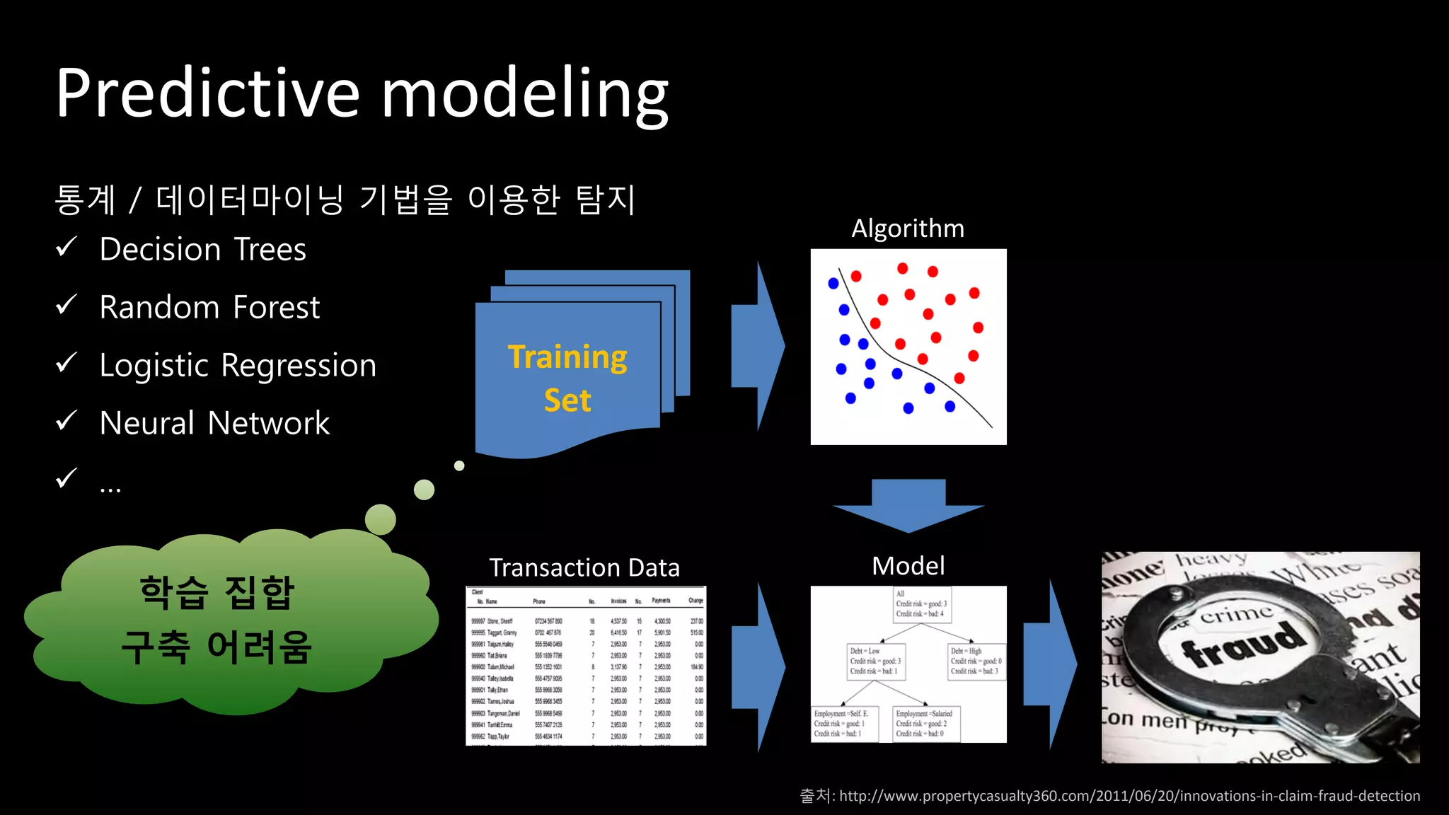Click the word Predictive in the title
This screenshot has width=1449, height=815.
209,94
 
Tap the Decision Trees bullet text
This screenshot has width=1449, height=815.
202,250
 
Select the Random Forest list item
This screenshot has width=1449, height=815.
209,308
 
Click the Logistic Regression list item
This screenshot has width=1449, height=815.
238,366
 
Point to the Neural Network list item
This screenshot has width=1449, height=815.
214,424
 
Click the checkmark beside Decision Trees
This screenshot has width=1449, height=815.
66,247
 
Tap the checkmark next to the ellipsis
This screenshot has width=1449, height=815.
66,478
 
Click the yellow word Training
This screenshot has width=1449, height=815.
567,357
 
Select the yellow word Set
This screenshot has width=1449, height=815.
567,400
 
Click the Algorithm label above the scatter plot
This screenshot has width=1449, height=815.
908,229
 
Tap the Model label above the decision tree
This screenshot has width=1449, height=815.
908,566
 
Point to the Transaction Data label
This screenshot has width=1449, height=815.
584,568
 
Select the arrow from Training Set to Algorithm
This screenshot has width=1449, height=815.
757,346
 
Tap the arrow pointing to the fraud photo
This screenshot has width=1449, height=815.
1051,665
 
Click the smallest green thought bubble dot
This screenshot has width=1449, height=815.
459,466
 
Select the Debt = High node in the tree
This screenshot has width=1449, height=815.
976,661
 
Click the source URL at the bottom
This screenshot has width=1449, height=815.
1129,797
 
